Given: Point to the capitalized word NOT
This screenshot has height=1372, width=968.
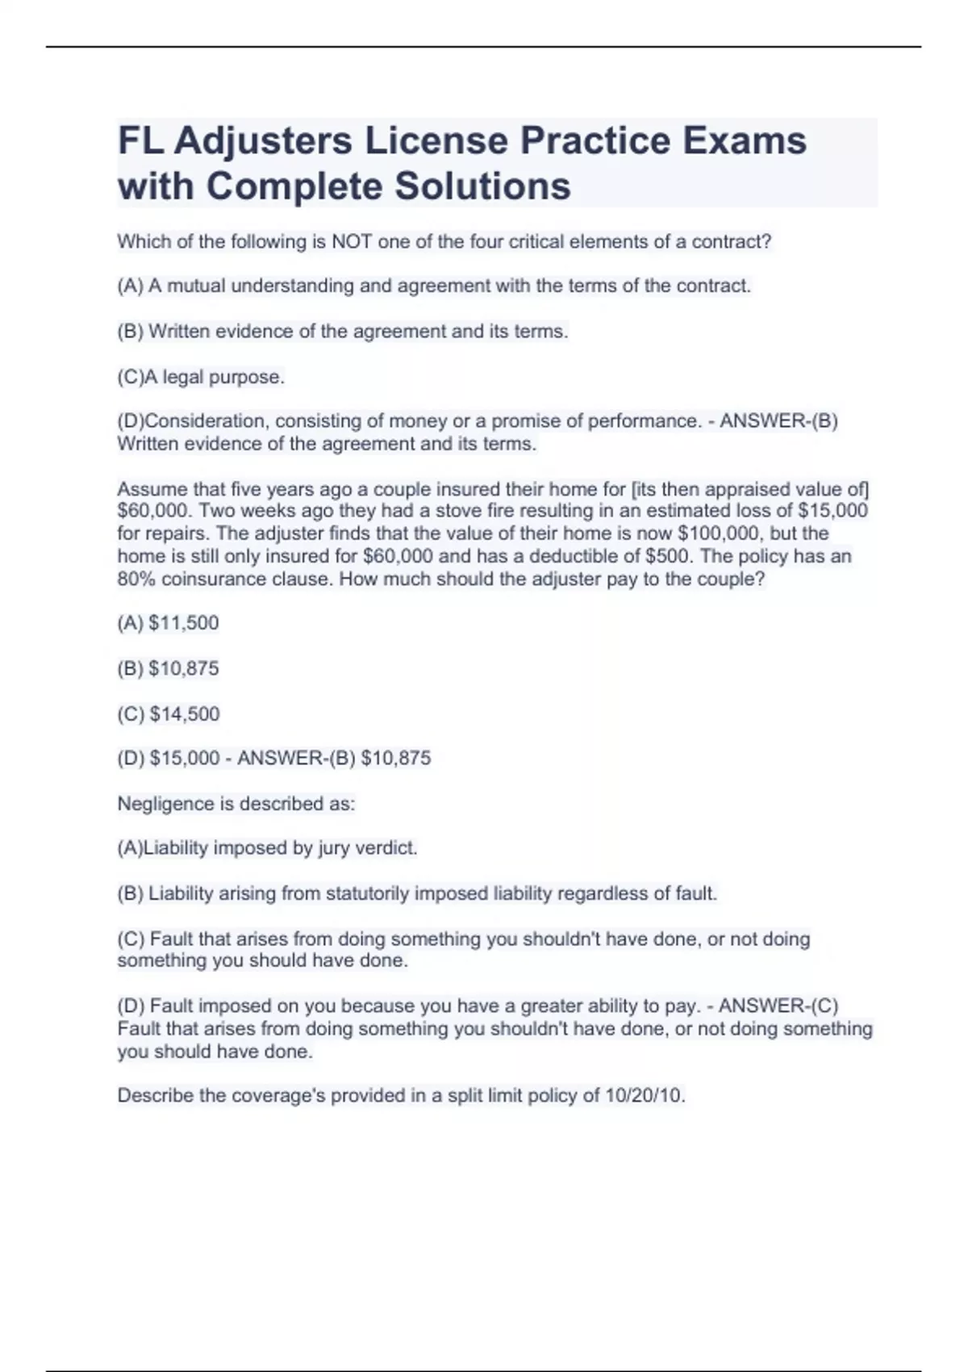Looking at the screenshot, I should [351, 241].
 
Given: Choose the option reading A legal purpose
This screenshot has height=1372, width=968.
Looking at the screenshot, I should [201, 377].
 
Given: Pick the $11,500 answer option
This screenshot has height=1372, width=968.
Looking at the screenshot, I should [184, 623].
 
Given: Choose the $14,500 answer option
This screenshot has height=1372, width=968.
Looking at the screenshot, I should [184, 713].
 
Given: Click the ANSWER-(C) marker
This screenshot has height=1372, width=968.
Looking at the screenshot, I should [778, 1006].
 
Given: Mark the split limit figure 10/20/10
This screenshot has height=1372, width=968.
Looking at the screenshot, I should [645, 1096].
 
